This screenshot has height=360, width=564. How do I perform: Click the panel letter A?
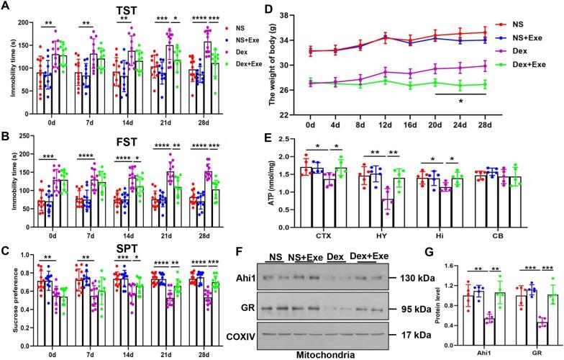(7, 7)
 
